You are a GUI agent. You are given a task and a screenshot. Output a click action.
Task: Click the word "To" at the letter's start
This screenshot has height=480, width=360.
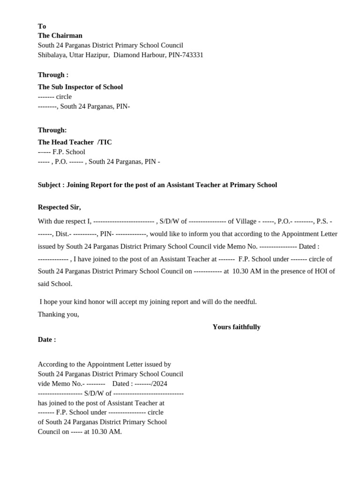pos(42,26)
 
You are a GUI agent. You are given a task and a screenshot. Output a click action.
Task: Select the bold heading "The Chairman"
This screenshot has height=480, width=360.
pos(60,36)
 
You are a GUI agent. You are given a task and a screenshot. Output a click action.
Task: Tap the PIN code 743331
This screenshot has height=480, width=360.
pos(193,55)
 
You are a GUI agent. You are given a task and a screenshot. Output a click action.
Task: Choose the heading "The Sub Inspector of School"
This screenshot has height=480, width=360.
pos(80,87)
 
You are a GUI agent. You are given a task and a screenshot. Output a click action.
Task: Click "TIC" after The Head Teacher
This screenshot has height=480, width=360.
pos(105,142)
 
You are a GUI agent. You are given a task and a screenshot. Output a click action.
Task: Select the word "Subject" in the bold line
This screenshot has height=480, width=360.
pos(49,185)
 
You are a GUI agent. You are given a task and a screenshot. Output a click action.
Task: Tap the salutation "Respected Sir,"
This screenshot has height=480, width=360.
pos(59,207)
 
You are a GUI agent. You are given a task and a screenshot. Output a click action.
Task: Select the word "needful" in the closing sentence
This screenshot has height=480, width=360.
pos(245,301)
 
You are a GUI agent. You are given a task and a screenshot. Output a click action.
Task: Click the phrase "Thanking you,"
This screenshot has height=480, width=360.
pos(58,314)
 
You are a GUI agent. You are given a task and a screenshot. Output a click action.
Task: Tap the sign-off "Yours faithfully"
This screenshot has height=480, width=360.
pos(236,327)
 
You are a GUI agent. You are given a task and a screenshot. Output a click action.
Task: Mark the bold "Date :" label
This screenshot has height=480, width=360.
pos(47,339)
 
